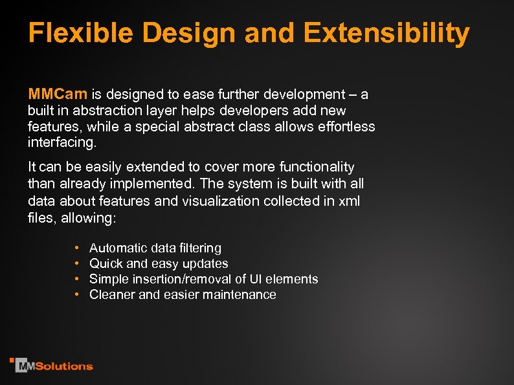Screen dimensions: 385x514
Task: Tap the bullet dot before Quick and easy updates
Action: (x=76, y=264)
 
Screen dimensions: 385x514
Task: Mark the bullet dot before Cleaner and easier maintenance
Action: (x=76, y=295)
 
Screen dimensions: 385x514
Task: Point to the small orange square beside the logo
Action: (x=12, y=360)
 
